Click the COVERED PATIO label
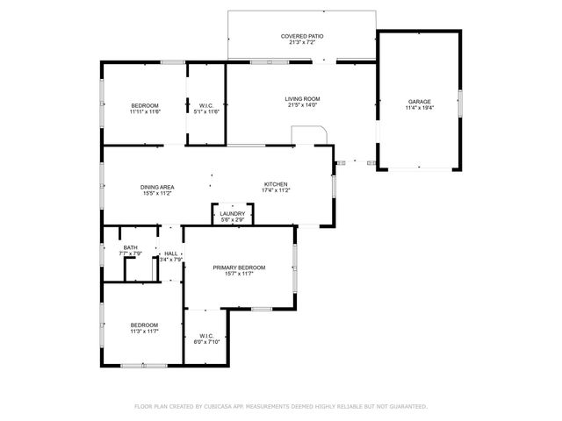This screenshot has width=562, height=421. (x=301, y=36)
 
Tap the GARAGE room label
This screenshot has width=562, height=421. (x=419, y=101)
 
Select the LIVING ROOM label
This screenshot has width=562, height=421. (x=301, y=98)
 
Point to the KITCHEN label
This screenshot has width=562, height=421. (x=276, y=184)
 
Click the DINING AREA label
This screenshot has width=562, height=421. (x=156, y=187)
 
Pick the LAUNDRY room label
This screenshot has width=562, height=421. (x=233, y=213)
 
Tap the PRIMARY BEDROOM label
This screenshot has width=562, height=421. (x=239, y=268)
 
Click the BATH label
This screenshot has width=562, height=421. (x=130, y=247)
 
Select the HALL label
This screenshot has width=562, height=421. (x=170, y=253)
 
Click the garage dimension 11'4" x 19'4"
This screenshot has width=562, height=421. (x=419, y=108)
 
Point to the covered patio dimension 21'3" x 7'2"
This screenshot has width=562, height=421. (x=301, y=43)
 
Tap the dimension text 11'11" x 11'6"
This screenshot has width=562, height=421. (x=144, y=111)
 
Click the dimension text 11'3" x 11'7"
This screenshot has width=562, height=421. (x=144, y=332)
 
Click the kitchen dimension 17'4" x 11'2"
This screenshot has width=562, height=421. (x=276, y=190)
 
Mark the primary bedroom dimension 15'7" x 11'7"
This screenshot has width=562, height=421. (x=239, y=275)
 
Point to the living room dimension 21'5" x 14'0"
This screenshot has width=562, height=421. (x=301, y=105)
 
